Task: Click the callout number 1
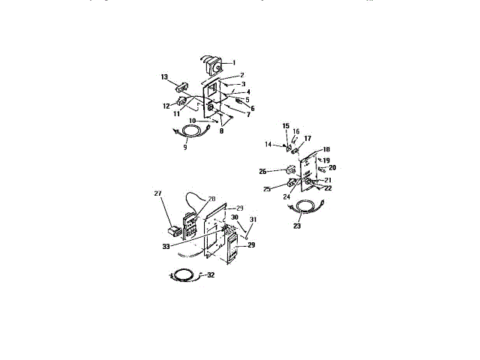(x=233, y=62)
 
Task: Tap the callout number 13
(x=164, y=77)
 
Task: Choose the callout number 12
(x=166, y=106)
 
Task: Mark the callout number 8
(x=221, y=131)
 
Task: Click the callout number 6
(x=253, y=108)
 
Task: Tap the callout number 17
(x=307, y=138)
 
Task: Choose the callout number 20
(x=332, y=167)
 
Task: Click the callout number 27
(x=158, y=193)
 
